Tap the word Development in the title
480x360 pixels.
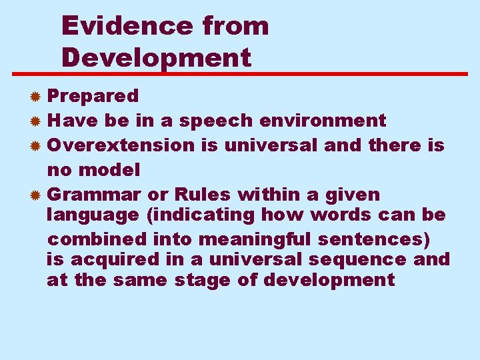tap(157, 57)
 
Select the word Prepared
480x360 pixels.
tap(93, 96)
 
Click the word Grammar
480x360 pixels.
tap(94, 195)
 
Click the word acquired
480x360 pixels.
tap(116, 259)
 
